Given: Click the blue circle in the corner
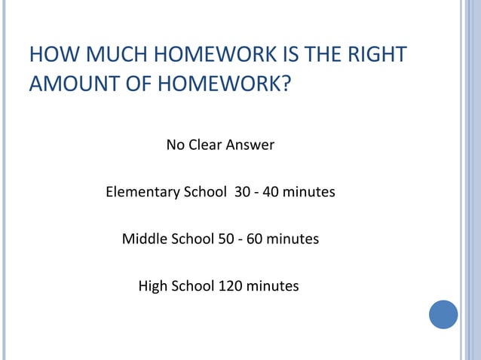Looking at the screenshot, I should (443, 314).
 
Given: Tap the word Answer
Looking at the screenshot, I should (252, 145).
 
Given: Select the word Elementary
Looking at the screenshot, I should (141, 192).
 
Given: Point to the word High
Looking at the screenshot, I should (153, 286).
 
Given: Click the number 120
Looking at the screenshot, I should (230, 286).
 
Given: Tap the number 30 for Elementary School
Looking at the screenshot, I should (243, 192).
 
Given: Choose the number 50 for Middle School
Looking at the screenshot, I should (225, 239).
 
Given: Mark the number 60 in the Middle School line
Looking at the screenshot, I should (253, 239).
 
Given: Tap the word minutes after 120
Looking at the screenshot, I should (272, 286).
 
